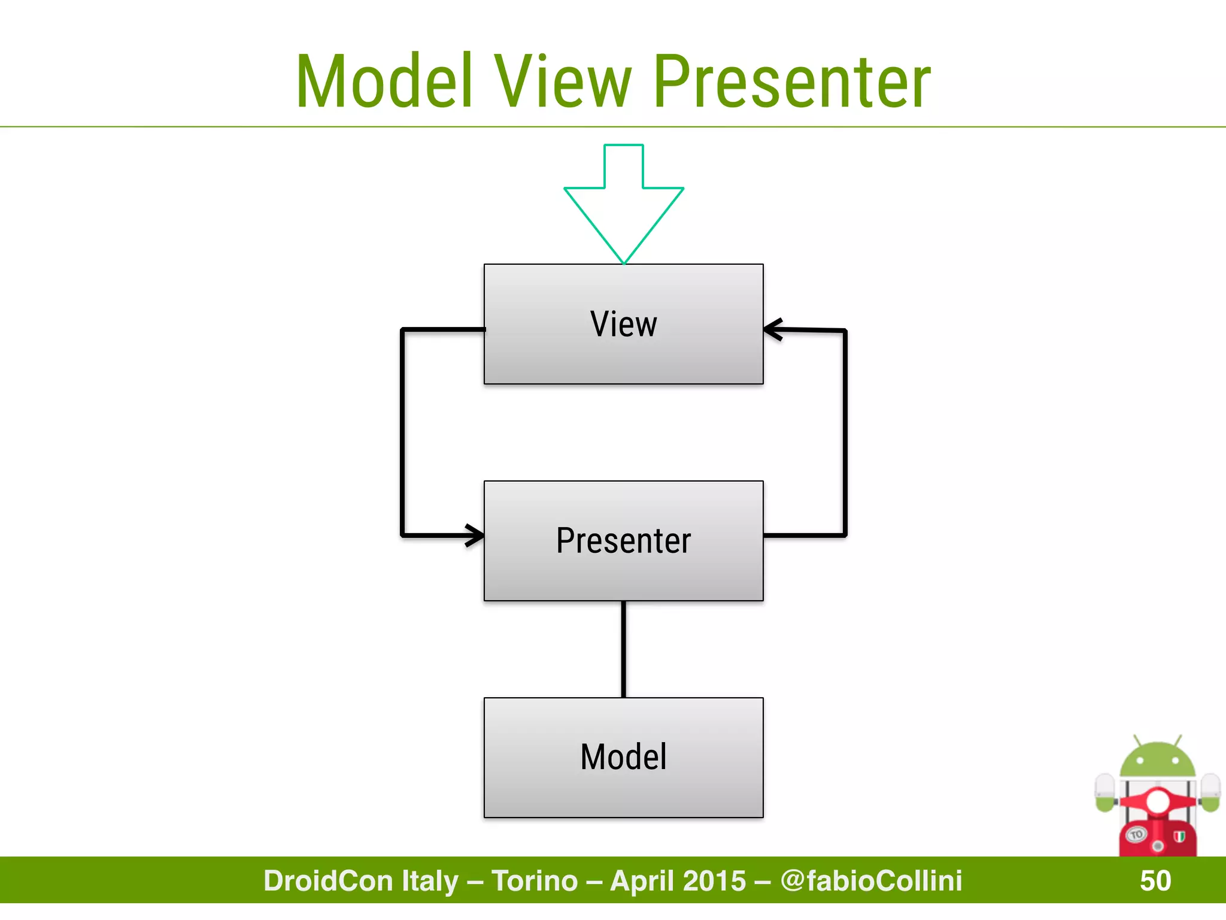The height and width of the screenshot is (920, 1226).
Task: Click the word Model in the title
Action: (384, 81)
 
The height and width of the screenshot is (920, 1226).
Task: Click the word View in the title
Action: (562, 81)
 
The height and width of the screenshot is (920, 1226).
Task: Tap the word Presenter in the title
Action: (792, 81)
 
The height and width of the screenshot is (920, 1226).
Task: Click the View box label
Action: (623, 324)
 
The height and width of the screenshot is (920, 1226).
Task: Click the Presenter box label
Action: (623, 540)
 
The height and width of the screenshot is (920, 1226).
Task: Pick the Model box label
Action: (623, 756)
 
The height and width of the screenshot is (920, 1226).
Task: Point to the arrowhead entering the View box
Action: (773, 329)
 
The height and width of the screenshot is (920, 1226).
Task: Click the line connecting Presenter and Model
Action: (624, 649)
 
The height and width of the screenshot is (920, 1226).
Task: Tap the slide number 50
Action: (1155, 880)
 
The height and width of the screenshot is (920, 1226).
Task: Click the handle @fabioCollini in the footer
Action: (871, 880)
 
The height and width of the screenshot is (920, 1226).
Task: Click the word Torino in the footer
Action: (535, 880)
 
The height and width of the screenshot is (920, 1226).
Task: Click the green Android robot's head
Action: (1157, 761)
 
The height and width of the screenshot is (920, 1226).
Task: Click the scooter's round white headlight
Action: (1157, 801)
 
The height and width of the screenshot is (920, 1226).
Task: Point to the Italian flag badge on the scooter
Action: (1179, 836)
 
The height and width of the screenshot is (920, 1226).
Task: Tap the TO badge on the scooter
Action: (1136, 834)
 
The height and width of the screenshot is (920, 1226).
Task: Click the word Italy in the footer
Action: (430, 880)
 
